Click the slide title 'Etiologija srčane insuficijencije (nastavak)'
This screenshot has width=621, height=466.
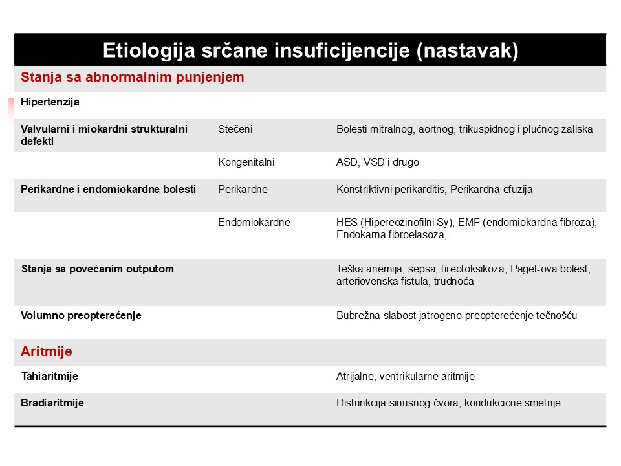tap(310, 50)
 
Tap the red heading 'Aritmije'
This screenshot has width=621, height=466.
tap(47, 352)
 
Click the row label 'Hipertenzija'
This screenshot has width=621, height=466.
tap(50, 102)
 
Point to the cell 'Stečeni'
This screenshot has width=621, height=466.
tap(235, 129)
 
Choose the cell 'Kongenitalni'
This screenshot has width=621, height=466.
tap(246, 162)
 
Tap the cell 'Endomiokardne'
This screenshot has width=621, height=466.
tap(254, 222)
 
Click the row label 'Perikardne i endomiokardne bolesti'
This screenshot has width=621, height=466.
tap(109, 189)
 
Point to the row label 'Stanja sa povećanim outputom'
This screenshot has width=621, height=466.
tap(97, 269)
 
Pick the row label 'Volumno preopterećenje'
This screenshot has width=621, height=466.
tap(81, 316)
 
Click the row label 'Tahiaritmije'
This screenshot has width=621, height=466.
tap(50, 376)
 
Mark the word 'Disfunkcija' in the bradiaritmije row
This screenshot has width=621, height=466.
tap(360, 403)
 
